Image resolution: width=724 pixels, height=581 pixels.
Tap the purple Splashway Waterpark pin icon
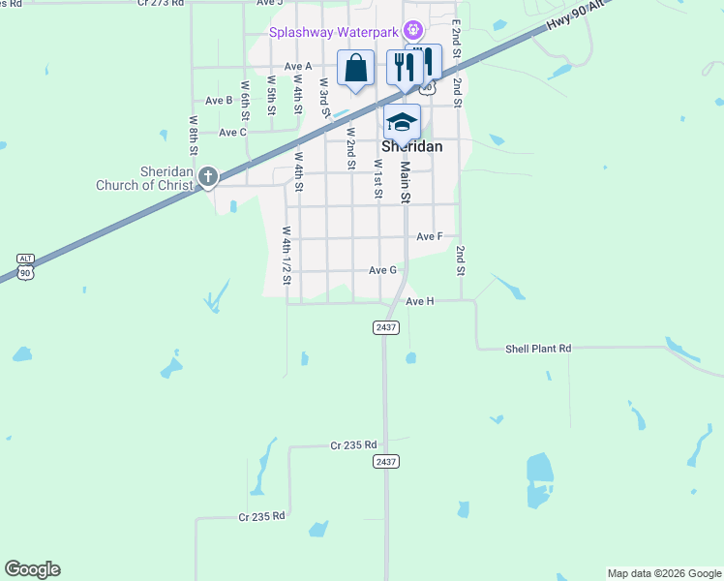[413, 30]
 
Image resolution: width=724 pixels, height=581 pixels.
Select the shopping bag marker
[355, 69]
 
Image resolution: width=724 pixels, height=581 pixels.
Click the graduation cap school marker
[402, 123]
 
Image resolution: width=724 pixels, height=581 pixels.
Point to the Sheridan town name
[411, 146]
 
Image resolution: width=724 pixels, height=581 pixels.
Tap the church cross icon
[207, 176]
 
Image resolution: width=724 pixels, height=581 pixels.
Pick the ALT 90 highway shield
[26, 267]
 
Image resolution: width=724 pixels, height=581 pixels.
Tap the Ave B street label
[219, 100]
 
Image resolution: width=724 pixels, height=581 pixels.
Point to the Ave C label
[232, 132]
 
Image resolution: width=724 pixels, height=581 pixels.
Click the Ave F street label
[430, 236]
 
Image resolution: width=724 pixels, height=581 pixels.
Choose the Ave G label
[382, 270]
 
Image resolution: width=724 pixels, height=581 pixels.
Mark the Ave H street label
[419, 301]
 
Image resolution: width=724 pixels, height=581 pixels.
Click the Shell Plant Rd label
[538, 348]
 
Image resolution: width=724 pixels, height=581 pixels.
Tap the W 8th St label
[194, 137]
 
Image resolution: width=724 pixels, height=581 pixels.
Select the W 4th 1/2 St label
[287, 255]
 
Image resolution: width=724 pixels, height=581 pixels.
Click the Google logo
[32, 569]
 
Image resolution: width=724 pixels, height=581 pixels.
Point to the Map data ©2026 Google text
[663, 573]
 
